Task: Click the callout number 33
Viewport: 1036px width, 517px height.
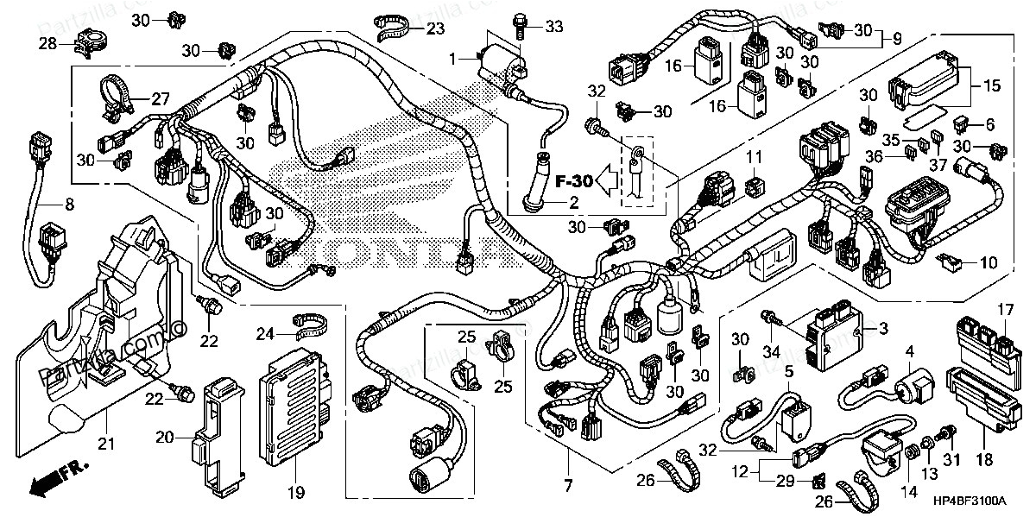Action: click(x=553, y=28)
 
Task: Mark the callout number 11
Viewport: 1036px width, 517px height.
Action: click(x=755, y=157)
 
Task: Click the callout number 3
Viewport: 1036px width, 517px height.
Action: click(x=882, y=328)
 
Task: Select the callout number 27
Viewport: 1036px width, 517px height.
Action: click(x=161, y=98)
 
